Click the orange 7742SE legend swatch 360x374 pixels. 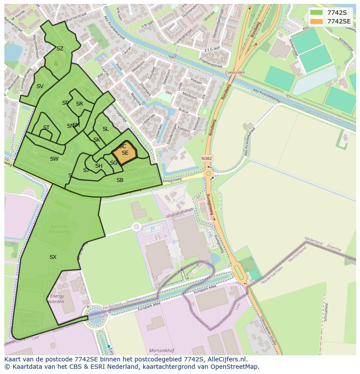[x=317, y=21]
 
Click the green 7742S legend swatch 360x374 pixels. [x=317, y=12]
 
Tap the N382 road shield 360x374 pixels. [x=207, y=159]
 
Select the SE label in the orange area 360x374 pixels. [x=125, y=153]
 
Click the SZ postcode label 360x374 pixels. [x=60, y=49]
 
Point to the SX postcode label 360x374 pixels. [x=53, y=257]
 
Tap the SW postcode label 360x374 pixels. [x=54, y=159]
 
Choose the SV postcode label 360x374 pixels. [x=40, y=86]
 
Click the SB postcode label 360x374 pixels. [x=120, y=180]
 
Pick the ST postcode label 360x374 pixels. [x=46, y=128]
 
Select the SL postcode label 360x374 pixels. [x=106, y=129]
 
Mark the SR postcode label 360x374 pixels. [x=80, y=104]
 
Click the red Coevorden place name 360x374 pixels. [x=236, y=73]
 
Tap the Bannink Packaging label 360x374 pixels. [x=59, y=229]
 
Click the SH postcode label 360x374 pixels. [x=99, y=166]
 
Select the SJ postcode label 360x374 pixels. [x=86, y=170]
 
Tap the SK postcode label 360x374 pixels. [x=97, y=140]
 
